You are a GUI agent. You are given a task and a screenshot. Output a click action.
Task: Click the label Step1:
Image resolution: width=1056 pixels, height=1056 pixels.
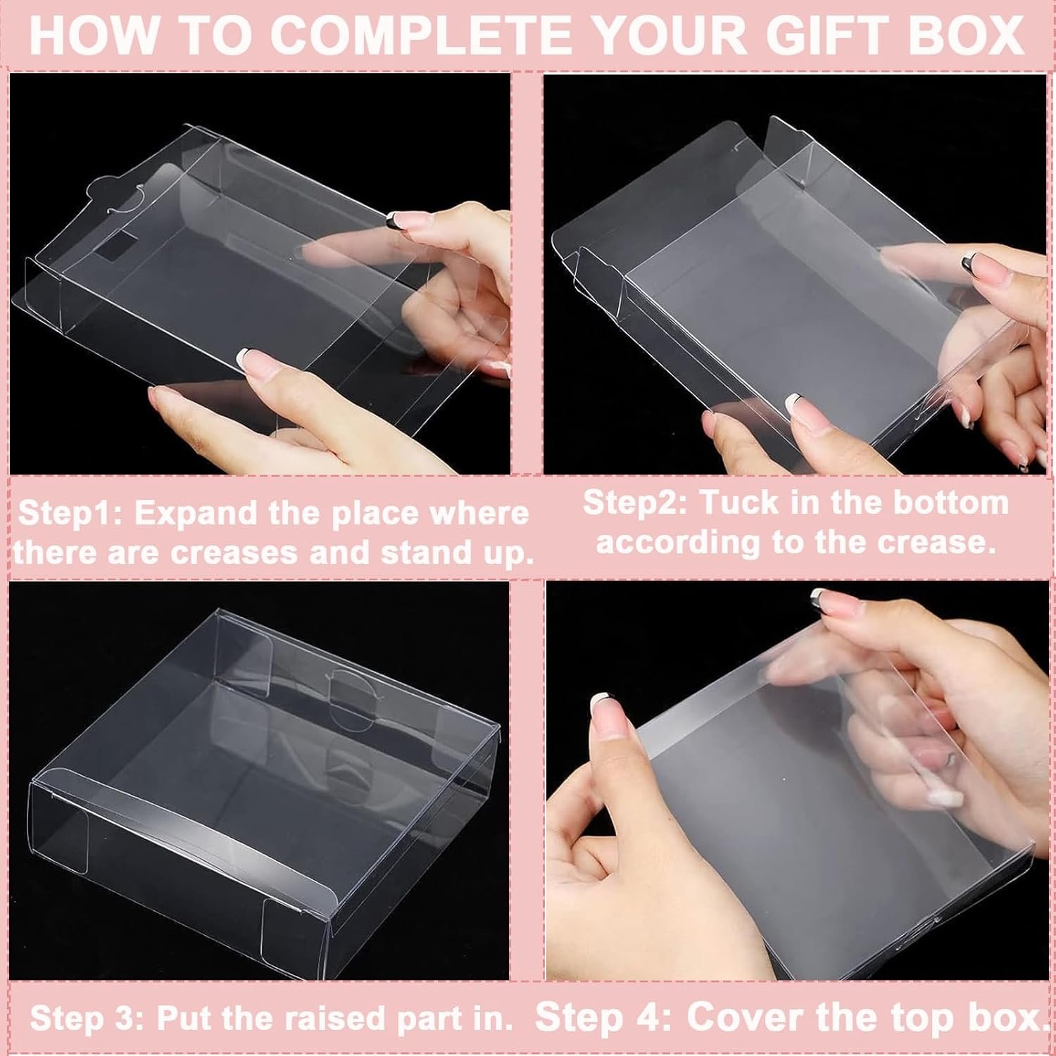[70, 513]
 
